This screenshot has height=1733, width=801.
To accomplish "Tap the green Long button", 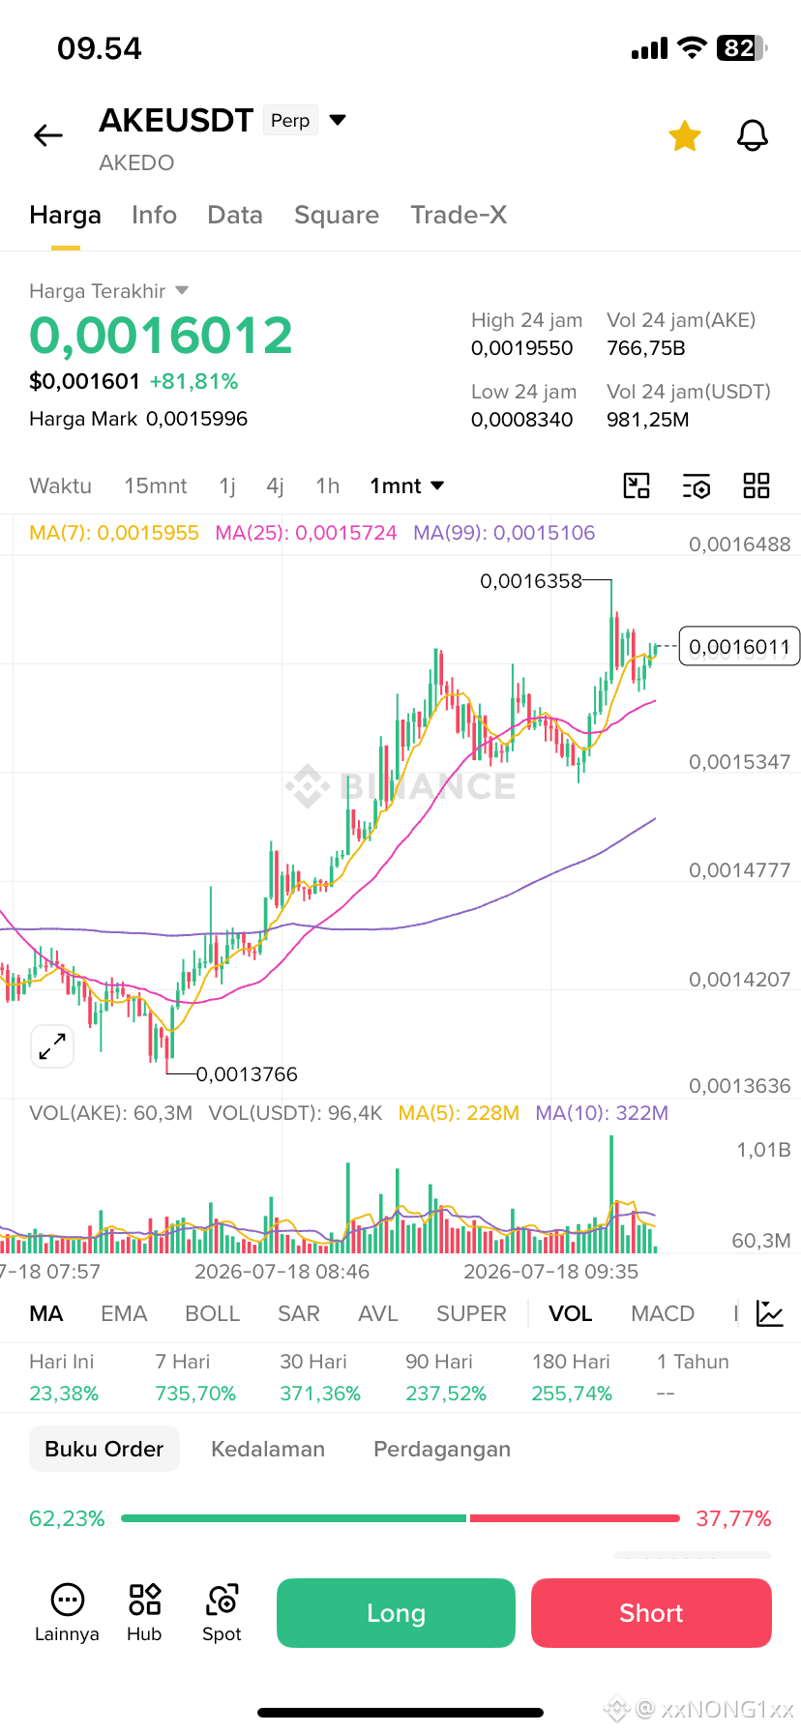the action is point(396,1613).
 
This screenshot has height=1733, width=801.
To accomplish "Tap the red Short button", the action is point(651,1613).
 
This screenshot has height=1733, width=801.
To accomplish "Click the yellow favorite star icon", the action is point(685,136).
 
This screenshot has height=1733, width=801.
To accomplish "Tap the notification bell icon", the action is point(753,136).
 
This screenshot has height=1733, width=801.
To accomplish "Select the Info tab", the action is point(155,215).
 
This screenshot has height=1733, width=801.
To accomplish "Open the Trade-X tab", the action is point(459,215).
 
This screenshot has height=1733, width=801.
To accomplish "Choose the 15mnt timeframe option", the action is point(156,485).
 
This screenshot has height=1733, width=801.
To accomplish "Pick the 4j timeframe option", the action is point(276,485).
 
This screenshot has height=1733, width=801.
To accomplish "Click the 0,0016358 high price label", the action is point(531,581).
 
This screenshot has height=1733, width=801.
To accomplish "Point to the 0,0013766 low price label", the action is point(247,1074).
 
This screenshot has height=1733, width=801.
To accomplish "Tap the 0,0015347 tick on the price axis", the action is point(739,762).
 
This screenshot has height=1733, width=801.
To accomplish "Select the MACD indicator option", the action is point(663,1313).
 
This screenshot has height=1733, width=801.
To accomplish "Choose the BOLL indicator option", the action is point(213,1313).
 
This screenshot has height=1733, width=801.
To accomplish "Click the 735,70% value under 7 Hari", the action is point(195,1394).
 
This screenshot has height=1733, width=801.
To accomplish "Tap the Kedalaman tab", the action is point(268,1449).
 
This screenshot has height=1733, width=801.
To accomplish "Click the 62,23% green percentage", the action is point(67,1518).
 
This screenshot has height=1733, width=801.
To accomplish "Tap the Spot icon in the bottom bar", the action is point(222,1613).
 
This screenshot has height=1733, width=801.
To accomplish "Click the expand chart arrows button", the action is point(52,1046).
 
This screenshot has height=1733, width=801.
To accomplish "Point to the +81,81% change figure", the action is point(193,381).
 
